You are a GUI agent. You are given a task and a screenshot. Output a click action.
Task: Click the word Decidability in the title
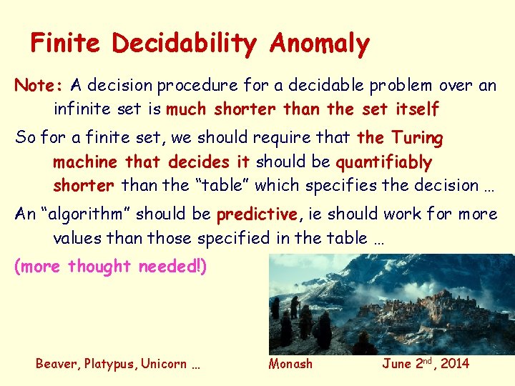183,44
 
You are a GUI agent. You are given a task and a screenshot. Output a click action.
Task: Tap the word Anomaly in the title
319,44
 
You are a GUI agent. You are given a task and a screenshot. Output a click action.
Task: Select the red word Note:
39,86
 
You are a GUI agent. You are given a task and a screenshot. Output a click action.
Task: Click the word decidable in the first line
316,86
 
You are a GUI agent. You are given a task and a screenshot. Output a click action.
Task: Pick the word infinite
81,109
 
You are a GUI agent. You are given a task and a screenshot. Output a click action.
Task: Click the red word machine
83,162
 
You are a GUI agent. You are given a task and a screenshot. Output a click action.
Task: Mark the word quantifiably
384,162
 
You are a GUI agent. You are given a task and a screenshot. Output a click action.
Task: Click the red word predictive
256,214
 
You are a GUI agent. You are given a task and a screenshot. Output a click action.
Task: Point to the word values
77,237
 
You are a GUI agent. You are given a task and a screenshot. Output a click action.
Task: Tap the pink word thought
99,267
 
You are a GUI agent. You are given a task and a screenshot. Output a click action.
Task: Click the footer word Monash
290,364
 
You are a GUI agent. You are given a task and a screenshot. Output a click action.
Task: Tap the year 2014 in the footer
455,364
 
